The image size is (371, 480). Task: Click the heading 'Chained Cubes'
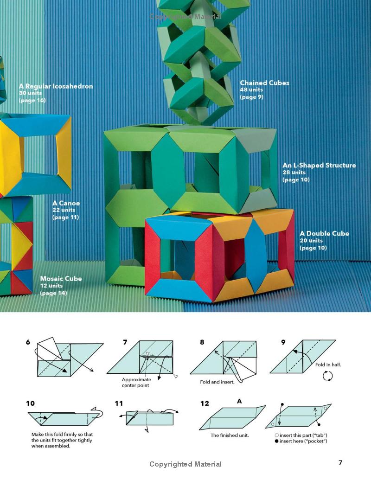coord(264,83)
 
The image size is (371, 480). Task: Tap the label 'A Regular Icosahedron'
coord(56,86)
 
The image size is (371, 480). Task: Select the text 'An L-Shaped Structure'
coord(319,165)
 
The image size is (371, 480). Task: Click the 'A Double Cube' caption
coord(325,234)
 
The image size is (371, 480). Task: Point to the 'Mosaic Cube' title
coord(61,279)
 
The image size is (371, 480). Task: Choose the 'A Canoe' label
coord(66,203)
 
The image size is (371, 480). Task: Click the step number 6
coord(28,342)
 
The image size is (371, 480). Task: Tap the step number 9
coord(283,342)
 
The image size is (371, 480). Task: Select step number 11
coord(119,403)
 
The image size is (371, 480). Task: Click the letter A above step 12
coord(239,401)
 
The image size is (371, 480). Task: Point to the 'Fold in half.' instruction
coord(328,365)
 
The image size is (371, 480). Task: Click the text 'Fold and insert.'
coord(217,382)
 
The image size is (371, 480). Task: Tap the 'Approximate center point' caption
coord(136,382)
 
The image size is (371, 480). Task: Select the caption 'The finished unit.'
coord(230,435)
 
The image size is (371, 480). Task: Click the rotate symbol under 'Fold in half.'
coord(327,376)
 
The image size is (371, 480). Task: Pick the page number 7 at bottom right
coord(340,462)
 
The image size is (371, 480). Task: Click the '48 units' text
coord(251,90)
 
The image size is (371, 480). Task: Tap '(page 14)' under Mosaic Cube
coord(54,293)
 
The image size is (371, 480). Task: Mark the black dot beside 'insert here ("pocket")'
coord(277,441)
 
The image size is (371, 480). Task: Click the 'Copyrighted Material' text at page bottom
coord(185,464)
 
